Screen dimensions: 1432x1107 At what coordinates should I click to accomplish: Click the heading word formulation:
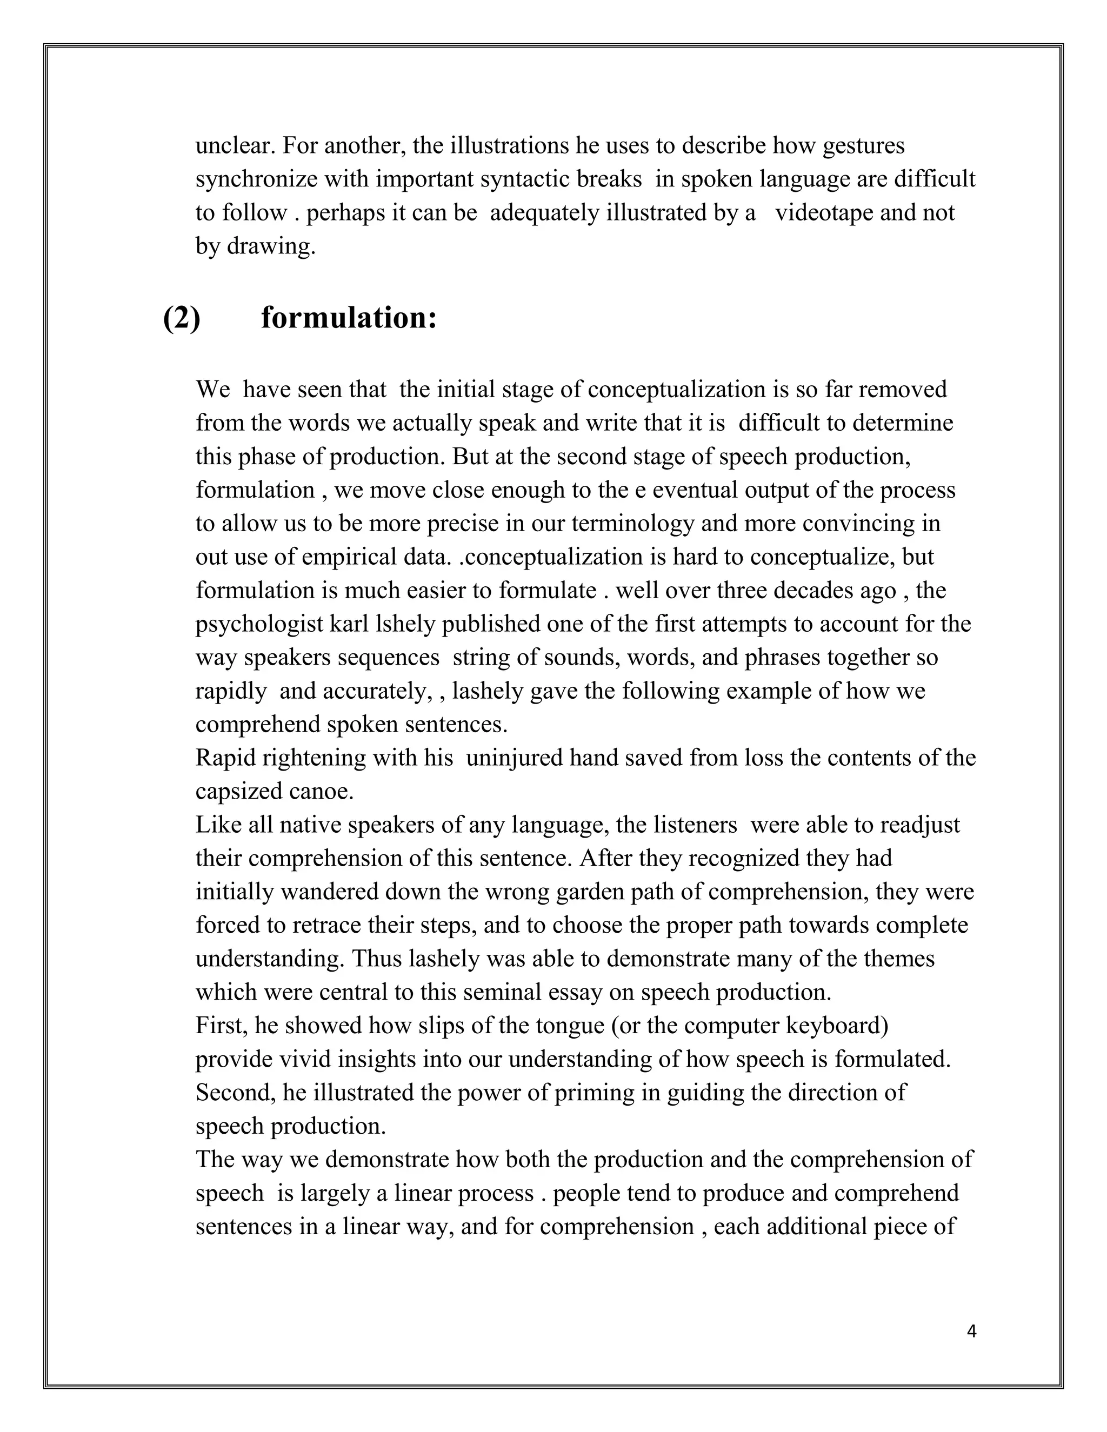pyautogui.click(x=349, y=319)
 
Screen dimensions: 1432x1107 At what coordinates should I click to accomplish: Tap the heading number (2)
pyautogui.click(x=182, y=319)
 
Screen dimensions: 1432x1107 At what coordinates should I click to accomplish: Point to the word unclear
pyautogui.click(x=236, y=145)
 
